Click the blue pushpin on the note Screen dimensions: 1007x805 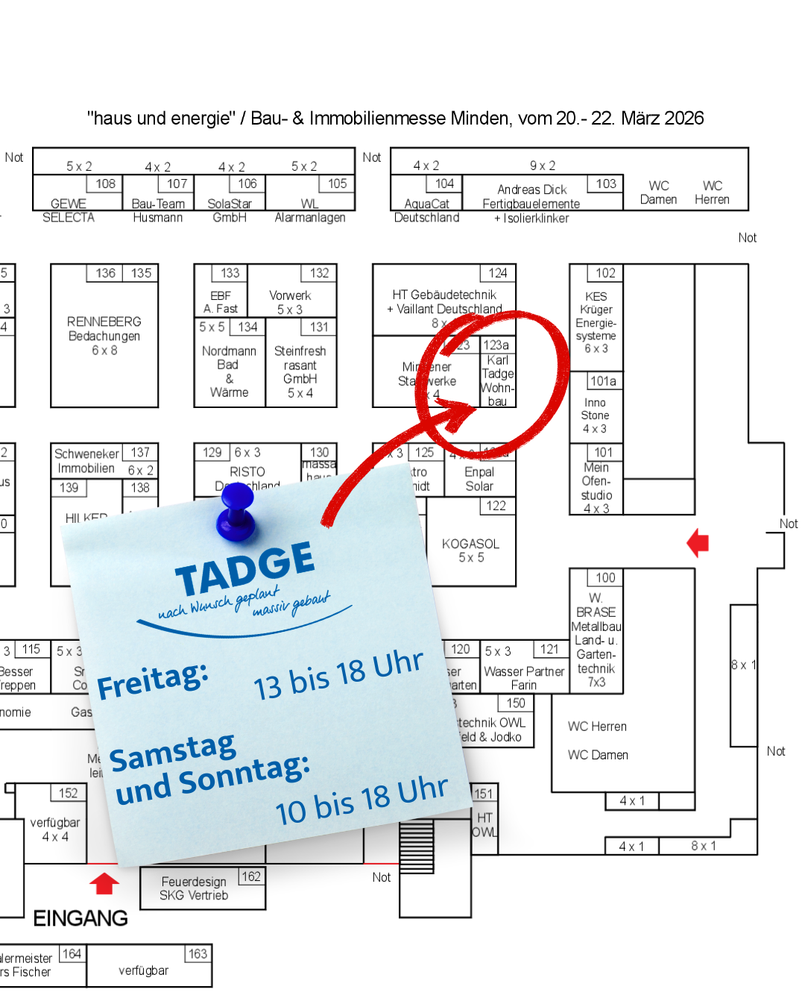point(237,515)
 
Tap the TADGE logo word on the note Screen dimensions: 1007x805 point(245,570)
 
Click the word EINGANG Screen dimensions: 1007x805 point(80,918)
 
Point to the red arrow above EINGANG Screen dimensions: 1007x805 point(104,883)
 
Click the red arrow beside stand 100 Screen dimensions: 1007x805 point(698,543)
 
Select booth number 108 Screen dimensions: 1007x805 point(105,183)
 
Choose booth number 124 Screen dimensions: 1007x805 point(498,273)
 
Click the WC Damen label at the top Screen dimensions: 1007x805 point(659,192)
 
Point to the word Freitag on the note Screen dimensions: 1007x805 point(153,681)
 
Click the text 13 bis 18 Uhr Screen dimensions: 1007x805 point(338,676)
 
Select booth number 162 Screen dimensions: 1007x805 point(251,876)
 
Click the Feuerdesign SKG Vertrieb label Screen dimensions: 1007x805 point(194,888)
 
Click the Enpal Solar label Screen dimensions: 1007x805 point(479,479)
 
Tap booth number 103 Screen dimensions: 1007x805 point(606,183)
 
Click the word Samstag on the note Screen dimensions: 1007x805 point(173,753)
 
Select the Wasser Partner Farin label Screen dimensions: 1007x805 point(524,678)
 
